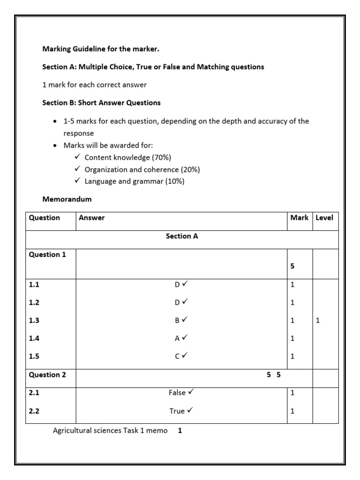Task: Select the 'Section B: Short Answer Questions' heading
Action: pos(102,103)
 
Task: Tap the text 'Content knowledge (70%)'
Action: pos(124,157)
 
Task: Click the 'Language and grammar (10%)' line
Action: pos(134,181)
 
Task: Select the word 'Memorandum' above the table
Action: pos(67,199)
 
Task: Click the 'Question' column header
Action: pos(45,218)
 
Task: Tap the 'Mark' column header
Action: pos(299,218)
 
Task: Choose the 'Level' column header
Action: pos(324,218)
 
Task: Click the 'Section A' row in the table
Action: pos(182,236)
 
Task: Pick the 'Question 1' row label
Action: pos(47,255)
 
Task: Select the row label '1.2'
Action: pos(34,303)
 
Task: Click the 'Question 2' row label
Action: pos(47,375)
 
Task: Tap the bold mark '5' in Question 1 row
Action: pos(292,266)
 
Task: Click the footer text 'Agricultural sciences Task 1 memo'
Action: pos(110,430)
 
